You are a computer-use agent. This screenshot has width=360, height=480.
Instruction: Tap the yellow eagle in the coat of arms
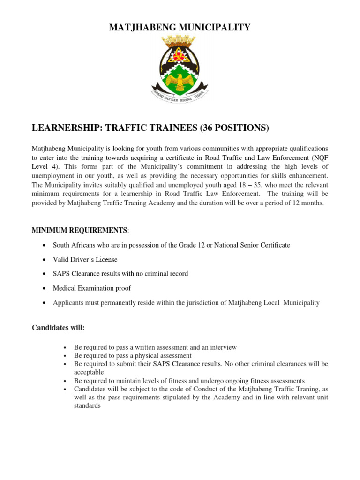point(179,82)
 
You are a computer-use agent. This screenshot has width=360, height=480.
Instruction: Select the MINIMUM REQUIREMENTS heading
point(79,230)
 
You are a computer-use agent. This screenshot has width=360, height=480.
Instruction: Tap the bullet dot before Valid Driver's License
point(44,260)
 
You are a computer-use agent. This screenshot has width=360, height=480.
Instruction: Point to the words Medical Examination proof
point(92,288)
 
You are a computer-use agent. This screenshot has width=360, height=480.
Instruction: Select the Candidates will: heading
point(58,328)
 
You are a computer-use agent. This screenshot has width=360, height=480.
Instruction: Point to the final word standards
point(87,405)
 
